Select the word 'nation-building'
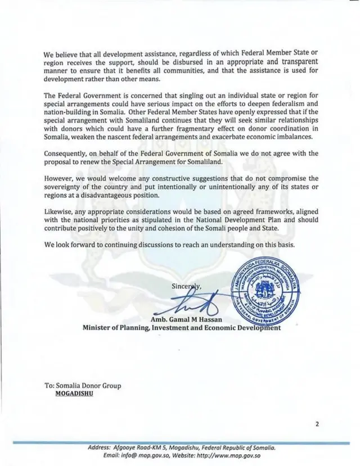(69, 112)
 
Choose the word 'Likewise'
(59, 212)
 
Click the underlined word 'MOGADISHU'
(74, 393)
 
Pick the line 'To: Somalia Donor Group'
(82, 386)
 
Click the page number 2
(317, 424)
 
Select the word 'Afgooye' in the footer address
(127, 447)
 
